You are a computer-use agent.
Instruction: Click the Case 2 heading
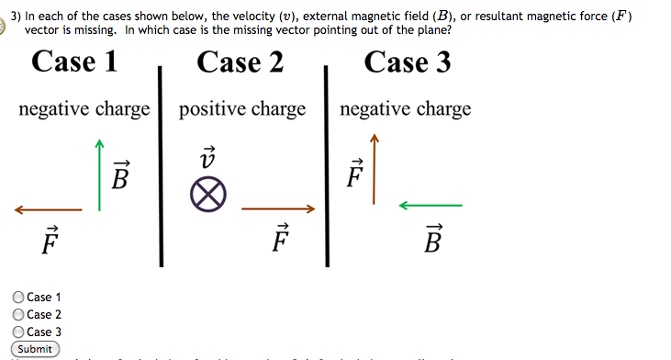pos(240,62)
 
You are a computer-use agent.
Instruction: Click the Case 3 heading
pos(408,62)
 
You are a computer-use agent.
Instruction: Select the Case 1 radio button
pos(18,298)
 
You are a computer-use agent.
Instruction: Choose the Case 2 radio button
pos(18,315)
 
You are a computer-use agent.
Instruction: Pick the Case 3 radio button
pos(18,332)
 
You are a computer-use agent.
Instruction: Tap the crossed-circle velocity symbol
pos(208,197)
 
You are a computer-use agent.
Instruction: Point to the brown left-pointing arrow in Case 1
pos(48,210)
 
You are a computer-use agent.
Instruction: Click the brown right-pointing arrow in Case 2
pos(278,209)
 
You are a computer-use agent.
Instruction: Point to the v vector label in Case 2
pos(207,155)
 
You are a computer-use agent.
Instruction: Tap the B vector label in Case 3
pos(433,240)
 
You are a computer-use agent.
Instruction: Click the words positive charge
pos(242,110)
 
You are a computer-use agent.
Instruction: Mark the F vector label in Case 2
pos(281,239)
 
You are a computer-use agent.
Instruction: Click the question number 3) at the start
pos(15,16)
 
